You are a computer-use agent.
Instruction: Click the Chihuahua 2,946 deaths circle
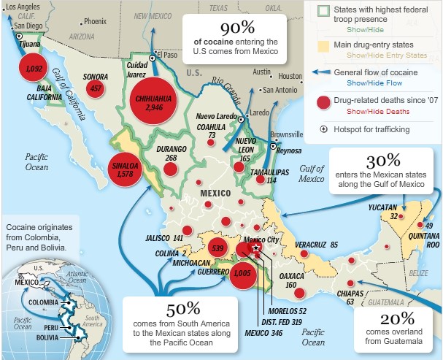[154, 102]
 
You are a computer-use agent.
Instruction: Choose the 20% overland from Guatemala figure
[396, 318]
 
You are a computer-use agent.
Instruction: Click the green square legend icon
[315, 9]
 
